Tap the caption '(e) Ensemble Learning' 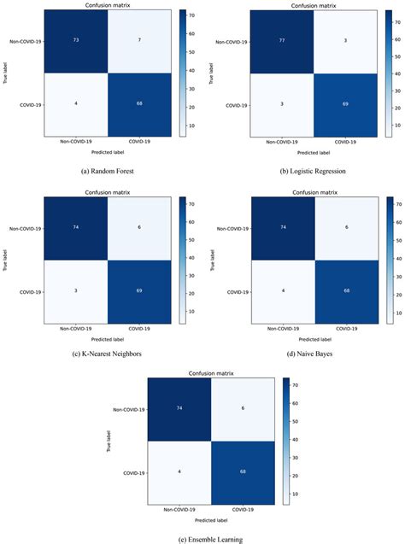click(x=203, y=539)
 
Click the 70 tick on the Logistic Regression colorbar click(x=395, y=20)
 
